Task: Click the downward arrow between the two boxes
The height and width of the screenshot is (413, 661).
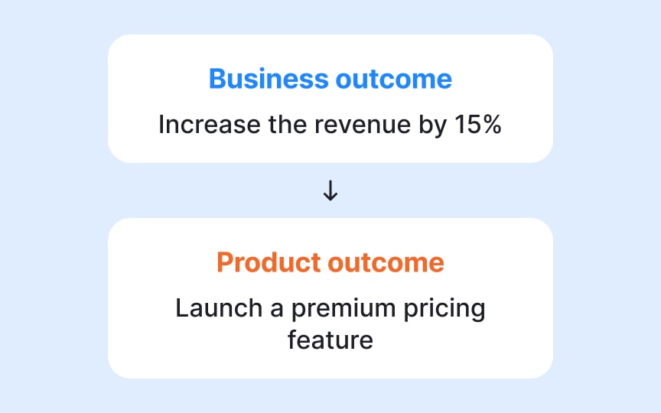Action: point(330,191)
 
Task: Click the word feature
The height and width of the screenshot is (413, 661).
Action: point(330,339)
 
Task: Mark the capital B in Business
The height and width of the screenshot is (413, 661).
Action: point(217,79)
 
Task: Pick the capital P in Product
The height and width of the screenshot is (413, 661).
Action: point(224,262)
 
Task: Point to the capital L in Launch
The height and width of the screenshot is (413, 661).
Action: point(181,308)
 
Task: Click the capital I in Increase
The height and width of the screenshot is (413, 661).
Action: point(161,125)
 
